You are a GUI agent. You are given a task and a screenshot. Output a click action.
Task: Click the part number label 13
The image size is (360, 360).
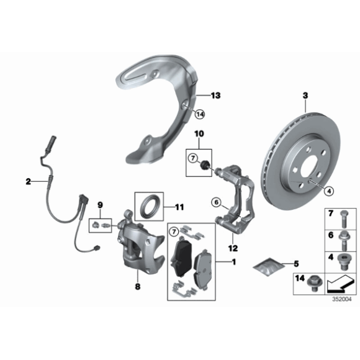click(215, 96)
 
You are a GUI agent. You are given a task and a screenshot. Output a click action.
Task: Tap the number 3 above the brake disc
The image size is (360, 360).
click(305, 95)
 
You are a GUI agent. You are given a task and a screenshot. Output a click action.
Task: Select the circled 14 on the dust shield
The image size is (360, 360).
click(199, 114)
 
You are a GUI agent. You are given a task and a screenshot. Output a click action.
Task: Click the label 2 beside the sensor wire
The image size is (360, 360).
click(28, 181)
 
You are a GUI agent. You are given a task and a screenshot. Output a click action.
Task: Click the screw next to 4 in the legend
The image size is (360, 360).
click(342, 258)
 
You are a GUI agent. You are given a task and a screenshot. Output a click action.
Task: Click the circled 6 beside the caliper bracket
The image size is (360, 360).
click(216, 202)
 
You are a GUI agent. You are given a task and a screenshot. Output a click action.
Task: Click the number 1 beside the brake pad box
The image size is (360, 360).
click(233, 262)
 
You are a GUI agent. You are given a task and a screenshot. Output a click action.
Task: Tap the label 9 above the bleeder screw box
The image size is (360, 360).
click(99, 204)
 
